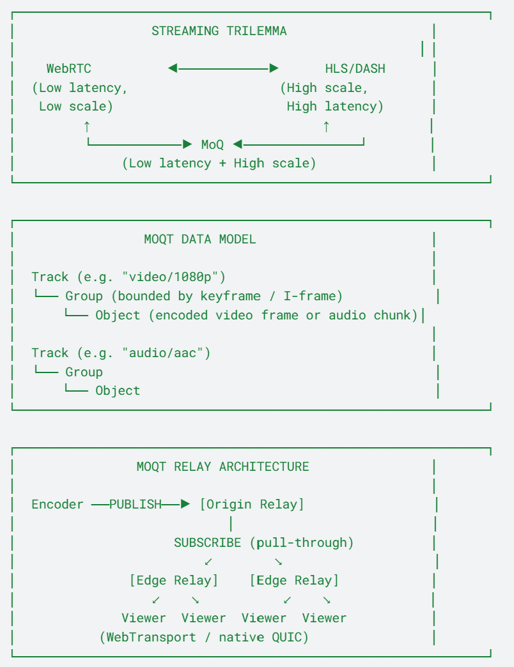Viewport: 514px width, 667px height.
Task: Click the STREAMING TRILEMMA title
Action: [219, 31]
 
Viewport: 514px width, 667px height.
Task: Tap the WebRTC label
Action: [69, 68]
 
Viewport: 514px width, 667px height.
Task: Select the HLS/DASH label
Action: [355, 68]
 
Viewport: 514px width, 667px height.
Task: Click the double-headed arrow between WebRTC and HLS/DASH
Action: [223, 68]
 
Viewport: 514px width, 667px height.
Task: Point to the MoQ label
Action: [212, 144]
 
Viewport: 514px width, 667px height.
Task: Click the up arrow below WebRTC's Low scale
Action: [87, 126]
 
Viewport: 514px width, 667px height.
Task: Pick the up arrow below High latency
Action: [326, 126]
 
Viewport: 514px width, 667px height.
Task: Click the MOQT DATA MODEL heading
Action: [200, 239]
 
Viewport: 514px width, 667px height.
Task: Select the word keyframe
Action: [231, 296]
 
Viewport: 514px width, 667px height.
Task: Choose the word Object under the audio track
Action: [118, 390]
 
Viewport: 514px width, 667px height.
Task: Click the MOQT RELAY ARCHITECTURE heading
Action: [223, 466]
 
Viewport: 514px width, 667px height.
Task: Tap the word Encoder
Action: [58, 505]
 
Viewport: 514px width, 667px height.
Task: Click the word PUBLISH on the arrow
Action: [136, 505]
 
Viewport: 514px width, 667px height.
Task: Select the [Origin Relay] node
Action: [253, 505]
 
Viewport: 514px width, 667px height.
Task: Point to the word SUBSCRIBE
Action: [208, 543]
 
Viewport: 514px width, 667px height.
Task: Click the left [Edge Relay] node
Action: [174, 580]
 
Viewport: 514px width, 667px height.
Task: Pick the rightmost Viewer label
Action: [325, 618]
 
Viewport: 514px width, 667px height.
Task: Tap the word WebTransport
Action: [152, 637]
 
